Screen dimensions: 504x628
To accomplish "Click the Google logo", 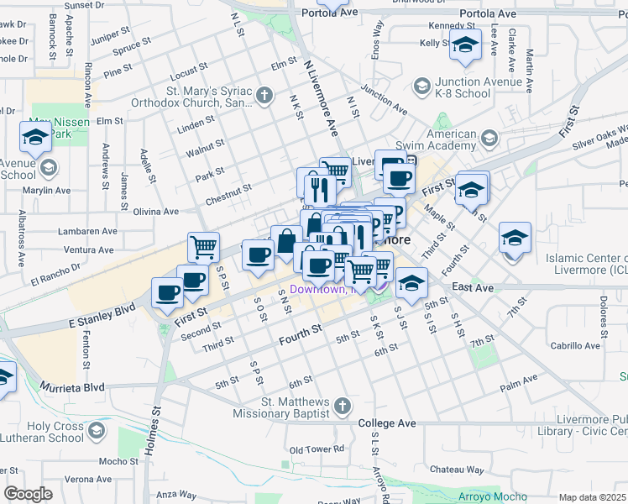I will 28,493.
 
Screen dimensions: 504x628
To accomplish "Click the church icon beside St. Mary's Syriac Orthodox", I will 264,94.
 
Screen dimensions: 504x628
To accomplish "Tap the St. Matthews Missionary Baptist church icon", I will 341,407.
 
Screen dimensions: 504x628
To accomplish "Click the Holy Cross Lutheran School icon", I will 97,432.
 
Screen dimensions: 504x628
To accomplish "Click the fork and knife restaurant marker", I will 316,185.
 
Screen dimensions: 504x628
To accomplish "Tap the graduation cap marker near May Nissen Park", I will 35,138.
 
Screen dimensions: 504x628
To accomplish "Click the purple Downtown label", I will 317,290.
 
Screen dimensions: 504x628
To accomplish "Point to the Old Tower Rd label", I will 317,449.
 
